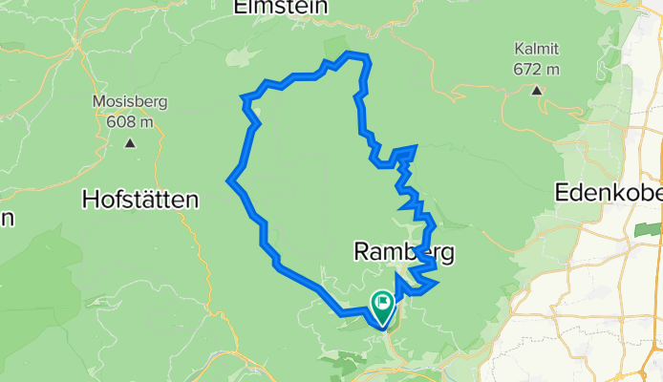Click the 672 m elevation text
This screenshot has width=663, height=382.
pos(536,69)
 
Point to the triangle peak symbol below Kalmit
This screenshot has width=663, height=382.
pos(537,91)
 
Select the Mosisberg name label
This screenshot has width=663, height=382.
pos(128,101)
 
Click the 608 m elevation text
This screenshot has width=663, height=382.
pos(128,121)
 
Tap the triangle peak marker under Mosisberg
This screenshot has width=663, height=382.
pos(129,144)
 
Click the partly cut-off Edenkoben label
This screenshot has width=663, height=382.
pos(609,192)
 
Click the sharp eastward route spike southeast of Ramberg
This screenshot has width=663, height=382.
pos(436,283)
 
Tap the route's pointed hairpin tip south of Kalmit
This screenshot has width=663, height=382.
pos(416,147)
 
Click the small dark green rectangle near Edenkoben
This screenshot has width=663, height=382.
pos(648,230)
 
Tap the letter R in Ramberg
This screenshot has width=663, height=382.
pos(361,252)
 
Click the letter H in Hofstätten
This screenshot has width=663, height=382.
pos(92,200)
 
